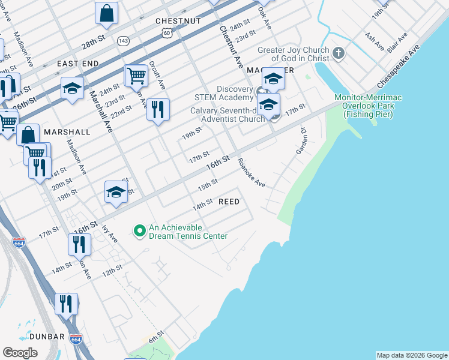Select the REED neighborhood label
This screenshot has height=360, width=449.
coord(228,202)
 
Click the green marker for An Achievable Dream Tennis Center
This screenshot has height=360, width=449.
coord(139,230)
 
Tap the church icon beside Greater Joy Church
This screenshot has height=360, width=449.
coord(339,54)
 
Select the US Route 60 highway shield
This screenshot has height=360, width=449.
coord(166,34)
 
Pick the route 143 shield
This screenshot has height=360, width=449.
coord(123,41)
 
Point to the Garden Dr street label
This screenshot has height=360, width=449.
coord(301,140)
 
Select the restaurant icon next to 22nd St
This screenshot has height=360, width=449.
coord(158,110)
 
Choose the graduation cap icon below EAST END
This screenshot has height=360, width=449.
coord(72,89)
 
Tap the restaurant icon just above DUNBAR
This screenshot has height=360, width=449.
coord(66,304)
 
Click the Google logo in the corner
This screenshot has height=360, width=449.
coord(20,353)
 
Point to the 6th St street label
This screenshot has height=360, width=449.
coord(156,334)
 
